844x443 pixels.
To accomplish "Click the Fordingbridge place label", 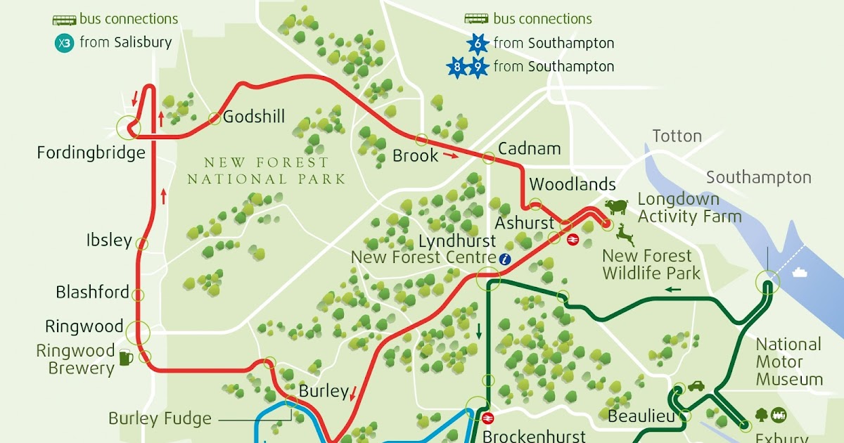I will [x=91, y=153].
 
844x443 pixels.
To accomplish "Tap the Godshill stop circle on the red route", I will [x=215, y=118].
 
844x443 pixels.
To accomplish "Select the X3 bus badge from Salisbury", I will [x=64, y=43].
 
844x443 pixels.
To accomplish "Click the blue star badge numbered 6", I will [x=478, y=44].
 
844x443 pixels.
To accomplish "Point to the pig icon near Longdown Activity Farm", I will [x=616, y=207].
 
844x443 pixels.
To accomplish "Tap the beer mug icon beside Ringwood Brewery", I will [x=126, y=358].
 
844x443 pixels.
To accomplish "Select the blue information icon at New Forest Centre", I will [x=504, y=259].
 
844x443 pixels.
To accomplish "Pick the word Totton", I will [x=677, y=136].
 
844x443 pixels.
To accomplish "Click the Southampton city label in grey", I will [x=758, y=177].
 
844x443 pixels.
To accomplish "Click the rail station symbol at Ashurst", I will [x=573, y=239].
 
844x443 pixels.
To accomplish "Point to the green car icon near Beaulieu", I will [x=696, y=386].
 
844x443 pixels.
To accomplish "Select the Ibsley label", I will [x=109, y=240].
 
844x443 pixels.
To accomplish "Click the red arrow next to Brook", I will [x=451, y=155].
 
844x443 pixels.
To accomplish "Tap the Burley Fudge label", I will [x=160, y=419].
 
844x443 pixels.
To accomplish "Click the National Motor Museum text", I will [x=788, y=362].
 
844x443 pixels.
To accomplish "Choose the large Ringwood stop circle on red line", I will [x=138, y=330].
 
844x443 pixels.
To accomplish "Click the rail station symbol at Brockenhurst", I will [x=486, y=418].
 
